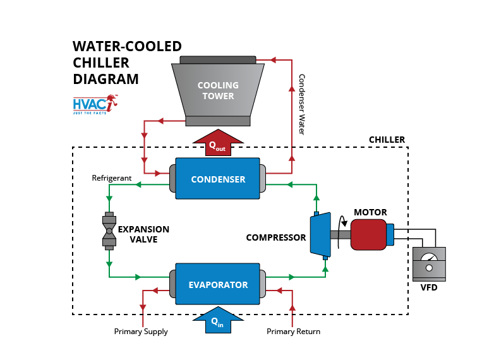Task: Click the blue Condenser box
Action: click(218, 179)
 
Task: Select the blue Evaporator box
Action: click(218, 285)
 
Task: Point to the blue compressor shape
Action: click(318, 234)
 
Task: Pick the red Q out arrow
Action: click(217, 143)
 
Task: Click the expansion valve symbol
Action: click(109, 231)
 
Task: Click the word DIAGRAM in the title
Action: click(105, 80)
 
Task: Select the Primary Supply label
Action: click(141, 332)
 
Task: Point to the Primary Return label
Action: click(293, 332)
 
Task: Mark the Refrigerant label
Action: click(112, 178)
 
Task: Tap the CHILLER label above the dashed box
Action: click(387, 140)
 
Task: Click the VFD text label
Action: click(428, 288)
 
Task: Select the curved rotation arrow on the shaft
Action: click(343, 221)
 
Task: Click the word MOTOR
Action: click(370, 212)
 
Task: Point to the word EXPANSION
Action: click(144, 229)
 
